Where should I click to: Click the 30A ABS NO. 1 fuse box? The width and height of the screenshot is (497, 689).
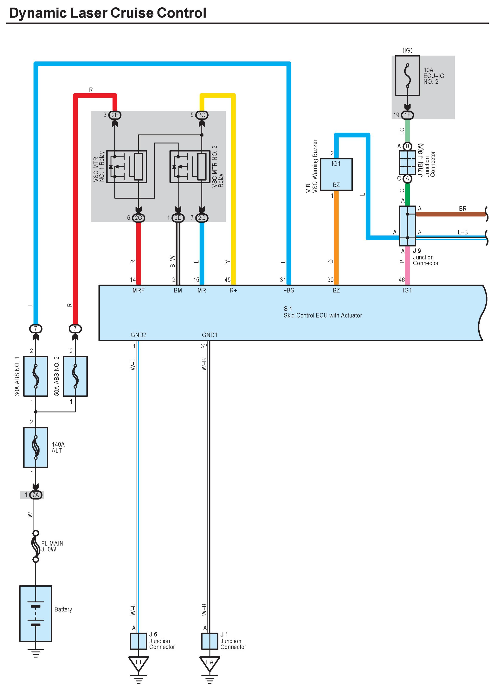[36, 376]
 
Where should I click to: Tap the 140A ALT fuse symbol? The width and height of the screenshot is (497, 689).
[36, 447]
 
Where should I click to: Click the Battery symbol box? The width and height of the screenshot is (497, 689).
[36, 614]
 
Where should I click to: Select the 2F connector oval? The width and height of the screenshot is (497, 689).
[114, 115]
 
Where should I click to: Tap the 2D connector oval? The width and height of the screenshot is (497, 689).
[178, 218]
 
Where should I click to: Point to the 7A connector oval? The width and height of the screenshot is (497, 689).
[36, 495]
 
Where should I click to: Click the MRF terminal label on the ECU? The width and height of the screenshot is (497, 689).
[139, 290]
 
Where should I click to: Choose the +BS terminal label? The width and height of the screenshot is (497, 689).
[288, 290]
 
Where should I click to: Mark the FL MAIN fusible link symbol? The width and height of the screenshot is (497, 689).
[36, 546]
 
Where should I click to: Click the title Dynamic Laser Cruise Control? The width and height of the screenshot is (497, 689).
[108, 13]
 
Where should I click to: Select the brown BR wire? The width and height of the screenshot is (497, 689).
[451, 214]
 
